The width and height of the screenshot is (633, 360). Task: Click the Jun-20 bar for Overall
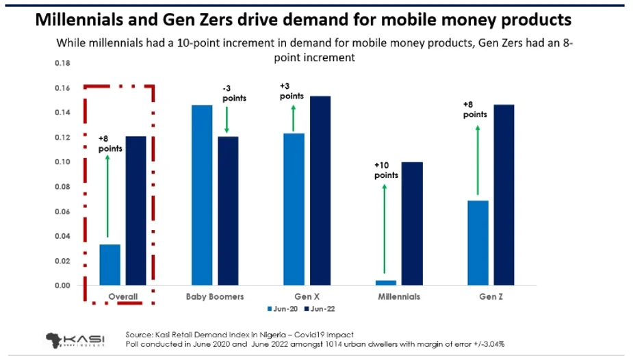[x=110, y=265]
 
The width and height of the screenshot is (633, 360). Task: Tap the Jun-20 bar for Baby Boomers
[x=203, y=195]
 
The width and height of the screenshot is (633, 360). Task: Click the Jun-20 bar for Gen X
[x=294, y=209]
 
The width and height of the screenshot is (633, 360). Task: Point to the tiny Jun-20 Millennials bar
[x=386, y=282]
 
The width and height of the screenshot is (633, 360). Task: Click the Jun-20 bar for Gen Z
[x=478, y=243]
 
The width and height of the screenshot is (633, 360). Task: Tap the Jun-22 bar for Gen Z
[x=504, y=195]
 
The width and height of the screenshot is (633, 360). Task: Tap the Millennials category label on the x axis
[x=399, y=297]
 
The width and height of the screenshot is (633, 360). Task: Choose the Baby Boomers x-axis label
[x=215, y=297]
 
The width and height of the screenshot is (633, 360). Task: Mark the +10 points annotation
[x=385, y=170]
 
